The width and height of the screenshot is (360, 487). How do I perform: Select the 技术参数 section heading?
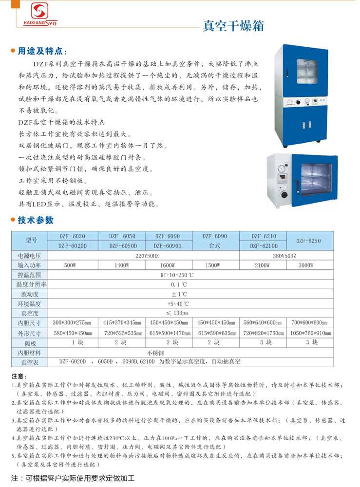[36, 220]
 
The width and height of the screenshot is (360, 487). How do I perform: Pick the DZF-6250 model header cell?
[308, 241]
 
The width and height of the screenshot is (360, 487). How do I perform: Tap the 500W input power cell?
[70, 265]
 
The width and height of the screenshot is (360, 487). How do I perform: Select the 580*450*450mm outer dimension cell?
[72, 333]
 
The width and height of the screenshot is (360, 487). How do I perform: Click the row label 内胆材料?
[29, 353]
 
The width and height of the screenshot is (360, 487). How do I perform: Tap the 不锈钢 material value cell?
[155, 353]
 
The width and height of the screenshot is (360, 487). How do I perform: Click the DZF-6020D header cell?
[72, 246]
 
